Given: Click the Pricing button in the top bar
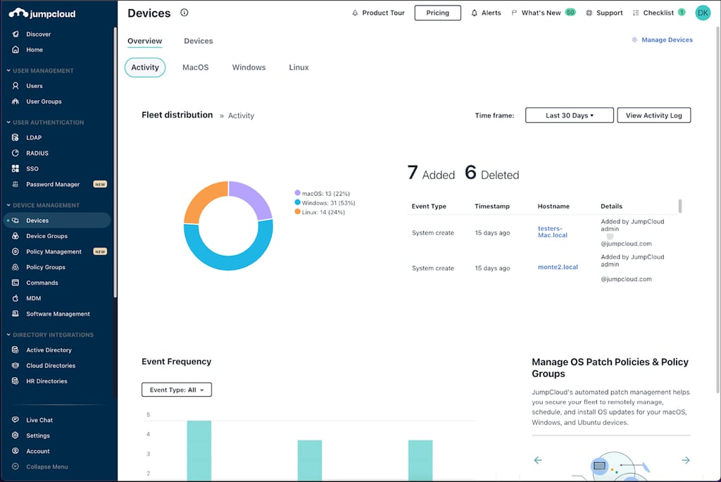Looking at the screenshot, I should (437, 13).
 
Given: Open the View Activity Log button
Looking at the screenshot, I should (653, 116).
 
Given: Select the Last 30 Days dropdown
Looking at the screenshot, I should (569, 116).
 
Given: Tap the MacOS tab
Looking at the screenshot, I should (195, 68).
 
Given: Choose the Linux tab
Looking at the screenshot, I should (299, 68).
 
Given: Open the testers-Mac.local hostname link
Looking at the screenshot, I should (552, 232).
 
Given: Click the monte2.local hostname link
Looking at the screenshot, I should (557, 268).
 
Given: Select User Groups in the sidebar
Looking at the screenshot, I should (44, 101).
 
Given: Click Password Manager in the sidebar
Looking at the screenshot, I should (53, 185).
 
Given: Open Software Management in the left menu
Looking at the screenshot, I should (58, 314).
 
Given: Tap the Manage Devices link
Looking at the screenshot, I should (666, 40).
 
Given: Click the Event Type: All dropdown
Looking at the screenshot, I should (177, 390).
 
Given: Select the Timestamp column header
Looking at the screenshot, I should (491, 206).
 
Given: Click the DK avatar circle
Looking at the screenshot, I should (702, 13).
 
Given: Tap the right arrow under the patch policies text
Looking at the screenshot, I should (685, 460).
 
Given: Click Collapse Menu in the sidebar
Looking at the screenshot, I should (46, 466).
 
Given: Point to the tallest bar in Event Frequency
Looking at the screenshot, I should (199, 451).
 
